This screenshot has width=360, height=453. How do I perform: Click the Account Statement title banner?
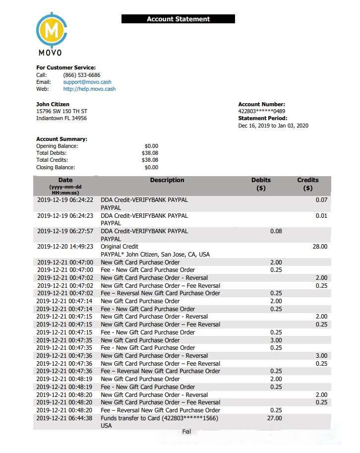(178, 19)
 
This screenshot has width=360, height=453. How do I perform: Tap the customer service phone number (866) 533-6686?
(81, 75)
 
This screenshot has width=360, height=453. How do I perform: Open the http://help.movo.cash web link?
(89, 89)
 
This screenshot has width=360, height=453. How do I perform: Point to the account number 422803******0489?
(261, 111)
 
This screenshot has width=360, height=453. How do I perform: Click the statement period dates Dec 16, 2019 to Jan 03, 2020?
(273, 126)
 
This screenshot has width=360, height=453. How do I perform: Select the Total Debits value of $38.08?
(150, 153)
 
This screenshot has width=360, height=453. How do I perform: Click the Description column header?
(167, 180)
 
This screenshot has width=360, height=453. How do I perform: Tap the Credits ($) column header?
(307, 184)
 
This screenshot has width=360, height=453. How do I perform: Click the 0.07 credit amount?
(321, 200)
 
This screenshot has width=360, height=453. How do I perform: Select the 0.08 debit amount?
(276, 231)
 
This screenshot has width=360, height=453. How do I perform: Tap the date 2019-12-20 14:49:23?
(65, 247)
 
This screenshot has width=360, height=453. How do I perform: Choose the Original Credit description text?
(120, 247)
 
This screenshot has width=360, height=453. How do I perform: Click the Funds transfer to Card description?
(159, 418)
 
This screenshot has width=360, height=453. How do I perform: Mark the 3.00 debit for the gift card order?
(276, 340)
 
